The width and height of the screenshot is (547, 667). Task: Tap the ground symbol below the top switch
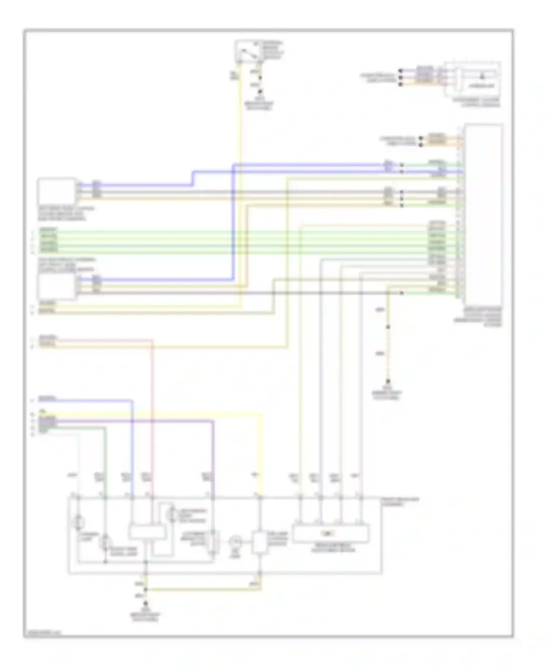pos(260,92)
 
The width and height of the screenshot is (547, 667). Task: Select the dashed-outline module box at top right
pos(473,80)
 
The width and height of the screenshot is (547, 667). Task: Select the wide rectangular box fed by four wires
pos(330,534)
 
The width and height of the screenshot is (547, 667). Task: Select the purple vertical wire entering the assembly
pos(213,456)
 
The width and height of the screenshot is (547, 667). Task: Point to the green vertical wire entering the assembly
pos(106,460)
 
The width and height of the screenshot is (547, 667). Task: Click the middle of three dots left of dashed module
pos(400,77)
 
